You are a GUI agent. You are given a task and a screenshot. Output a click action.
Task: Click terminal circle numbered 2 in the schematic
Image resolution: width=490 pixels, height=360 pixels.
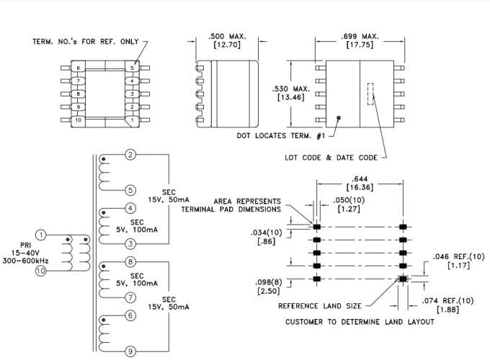[130, 155]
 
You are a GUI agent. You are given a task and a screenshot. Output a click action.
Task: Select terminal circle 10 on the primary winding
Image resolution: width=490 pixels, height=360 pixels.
[42, 271]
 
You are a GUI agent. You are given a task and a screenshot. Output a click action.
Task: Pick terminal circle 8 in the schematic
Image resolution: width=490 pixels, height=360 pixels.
[130, 262]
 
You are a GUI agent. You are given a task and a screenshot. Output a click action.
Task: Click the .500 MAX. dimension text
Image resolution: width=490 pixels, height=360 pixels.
[224, 36]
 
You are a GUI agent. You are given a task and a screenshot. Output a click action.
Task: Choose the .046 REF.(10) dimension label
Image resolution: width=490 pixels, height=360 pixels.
[454, 256]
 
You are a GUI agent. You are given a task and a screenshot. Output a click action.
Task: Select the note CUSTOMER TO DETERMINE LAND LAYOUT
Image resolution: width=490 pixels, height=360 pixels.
[360, 321]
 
